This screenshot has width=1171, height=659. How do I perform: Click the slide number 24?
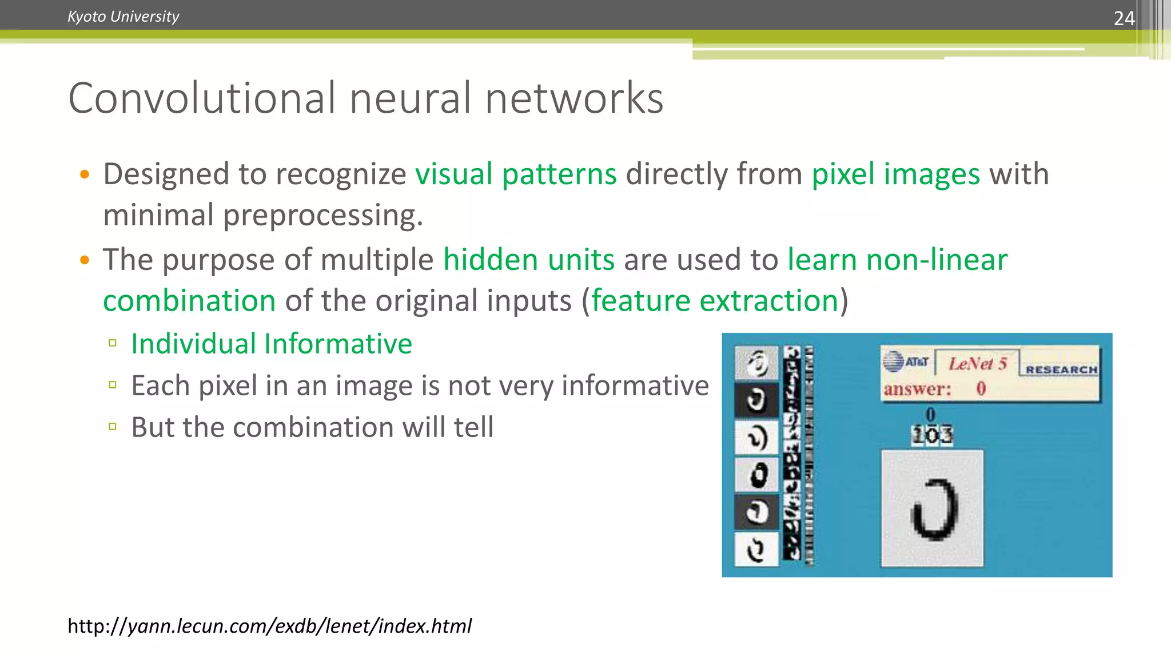point(1124,18)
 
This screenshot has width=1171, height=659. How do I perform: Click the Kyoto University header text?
point(123,17)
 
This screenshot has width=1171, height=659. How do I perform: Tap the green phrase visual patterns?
point(516,174)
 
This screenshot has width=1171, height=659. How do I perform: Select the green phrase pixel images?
point(895,174)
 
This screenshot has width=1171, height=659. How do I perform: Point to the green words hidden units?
point(529,260)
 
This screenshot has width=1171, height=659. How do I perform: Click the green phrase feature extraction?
point(715,301)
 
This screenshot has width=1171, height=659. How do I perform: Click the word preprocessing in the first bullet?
point(322,216)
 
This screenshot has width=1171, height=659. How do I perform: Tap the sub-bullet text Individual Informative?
point(272,344)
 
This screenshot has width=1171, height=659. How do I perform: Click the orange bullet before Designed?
point(85,174)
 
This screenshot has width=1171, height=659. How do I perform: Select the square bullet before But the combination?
point(113,426)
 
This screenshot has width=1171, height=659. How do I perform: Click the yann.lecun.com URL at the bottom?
point(269,626)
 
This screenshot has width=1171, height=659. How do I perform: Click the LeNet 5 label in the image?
point(977,363)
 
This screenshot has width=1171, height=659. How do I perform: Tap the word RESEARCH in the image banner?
point(1061,370)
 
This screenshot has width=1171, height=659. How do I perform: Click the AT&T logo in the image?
point(905,362)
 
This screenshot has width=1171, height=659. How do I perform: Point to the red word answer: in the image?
point(917,390)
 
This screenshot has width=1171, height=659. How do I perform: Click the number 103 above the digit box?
point(932,435)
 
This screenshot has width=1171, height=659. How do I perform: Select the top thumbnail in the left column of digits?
point(756,363)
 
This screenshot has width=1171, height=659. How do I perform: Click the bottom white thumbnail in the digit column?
point(756,550)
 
